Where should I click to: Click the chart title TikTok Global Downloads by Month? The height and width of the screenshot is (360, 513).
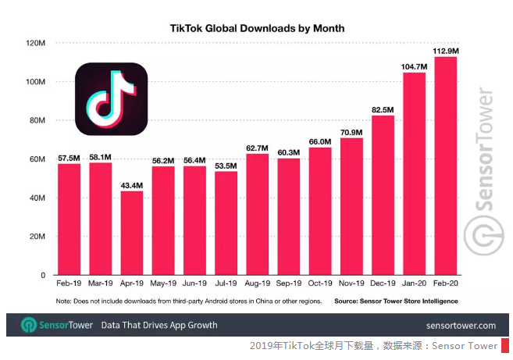[x=257, y=28]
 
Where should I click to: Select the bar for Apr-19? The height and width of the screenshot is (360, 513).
[x=132, y=233]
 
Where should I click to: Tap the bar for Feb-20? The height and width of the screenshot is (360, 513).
[x=446, y=166]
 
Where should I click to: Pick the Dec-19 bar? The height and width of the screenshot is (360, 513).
[x=383, y=195]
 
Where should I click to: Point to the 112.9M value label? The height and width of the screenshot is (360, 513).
[x=446, y=51]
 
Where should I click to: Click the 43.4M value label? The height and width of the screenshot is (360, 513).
[x=132, y=186]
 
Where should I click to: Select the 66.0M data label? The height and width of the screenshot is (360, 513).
[x=320, y=141]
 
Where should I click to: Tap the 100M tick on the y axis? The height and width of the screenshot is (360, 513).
[x=36, y=82]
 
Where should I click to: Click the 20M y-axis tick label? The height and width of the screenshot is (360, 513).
[x=37, y=237]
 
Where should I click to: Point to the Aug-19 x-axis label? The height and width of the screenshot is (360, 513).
[x=258, y=283]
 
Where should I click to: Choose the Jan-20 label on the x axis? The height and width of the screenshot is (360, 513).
[x=414, y=283]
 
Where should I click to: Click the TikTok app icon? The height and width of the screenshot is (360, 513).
[x=111, y=99]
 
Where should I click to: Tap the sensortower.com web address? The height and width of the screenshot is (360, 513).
[x=461, y=326]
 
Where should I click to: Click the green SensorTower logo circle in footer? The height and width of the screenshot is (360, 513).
[x=29, y=325]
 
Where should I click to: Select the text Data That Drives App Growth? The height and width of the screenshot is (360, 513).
[x=159, y=325]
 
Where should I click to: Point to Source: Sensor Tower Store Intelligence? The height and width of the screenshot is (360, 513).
[x=396, y=301]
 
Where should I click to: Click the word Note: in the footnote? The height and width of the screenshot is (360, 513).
[x=63, y=301]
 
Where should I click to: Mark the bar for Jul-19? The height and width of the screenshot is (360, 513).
[x=226, y=223]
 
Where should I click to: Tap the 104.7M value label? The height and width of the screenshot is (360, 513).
[x=414, y=66]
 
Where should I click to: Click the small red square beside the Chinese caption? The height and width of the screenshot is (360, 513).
[x=505, y=346]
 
